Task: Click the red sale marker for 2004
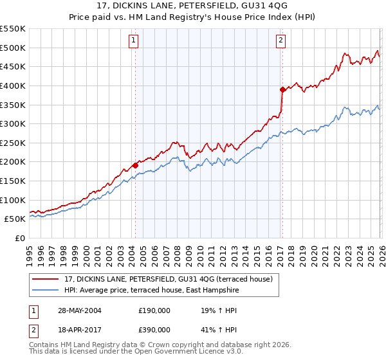[x=136, y=165]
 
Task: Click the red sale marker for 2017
[x=282, y=89]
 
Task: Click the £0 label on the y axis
[x=20, y=238]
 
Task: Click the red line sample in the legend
[x=46, y=279]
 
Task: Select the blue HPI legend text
[x=152, y=290]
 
